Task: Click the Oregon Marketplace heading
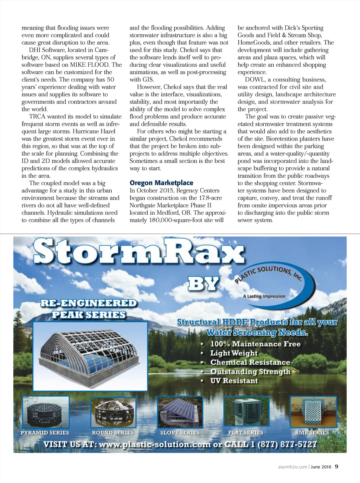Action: tap(161, 183)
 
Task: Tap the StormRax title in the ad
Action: tap(139, 252)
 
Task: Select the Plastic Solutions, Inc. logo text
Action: tap(269, 274)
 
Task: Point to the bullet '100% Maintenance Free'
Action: tap(255, 344)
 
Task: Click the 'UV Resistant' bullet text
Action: tap(234, 381)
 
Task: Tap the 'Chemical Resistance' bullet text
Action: tap(250, 362)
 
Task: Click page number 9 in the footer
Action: tap(336, 466)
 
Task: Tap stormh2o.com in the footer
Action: tap(292, 467)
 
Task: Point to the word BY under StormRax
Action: tap(204, 284)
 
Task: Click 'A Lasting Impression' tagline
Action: tap(264, 296)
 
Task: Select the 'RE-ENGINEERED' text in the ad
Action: tap(89, 303)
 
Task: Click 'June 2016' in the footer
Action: tap(321, 467)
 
